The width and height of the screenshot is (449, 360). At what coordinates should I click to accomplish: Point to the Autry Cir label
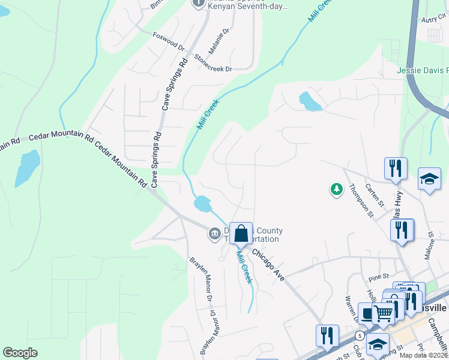coord(435,19)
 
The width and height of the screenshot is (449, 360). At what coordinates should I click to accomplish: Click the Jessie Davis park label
coord(423,70)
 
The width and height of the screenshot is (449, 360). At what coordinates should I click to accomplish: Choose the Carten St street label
coord(390,193)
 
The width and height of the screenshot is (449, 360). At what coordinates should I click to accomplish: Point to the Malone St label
coord(430,246)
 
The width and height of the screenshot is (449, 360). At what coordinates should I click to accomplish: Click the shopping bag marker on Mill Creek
coord(241,234)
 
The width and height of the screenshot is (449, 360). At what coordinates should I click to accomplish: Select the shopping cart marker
coord(383,312)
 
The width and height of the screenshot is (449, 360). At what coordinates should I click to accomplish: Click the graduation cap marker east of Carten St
coord(429,179)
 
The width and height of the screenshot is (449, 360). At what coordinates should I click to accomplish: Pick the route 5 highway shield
coord(358,334)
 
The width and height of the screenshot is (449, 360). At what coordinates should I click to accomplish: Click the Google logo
coord(20,353)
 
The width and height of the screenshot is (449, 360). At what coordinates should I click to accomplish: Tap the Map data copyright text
coord(424,355)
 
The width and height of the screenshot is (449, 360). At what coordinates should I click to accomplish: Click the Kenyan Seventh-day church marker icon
coord(199,3)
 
